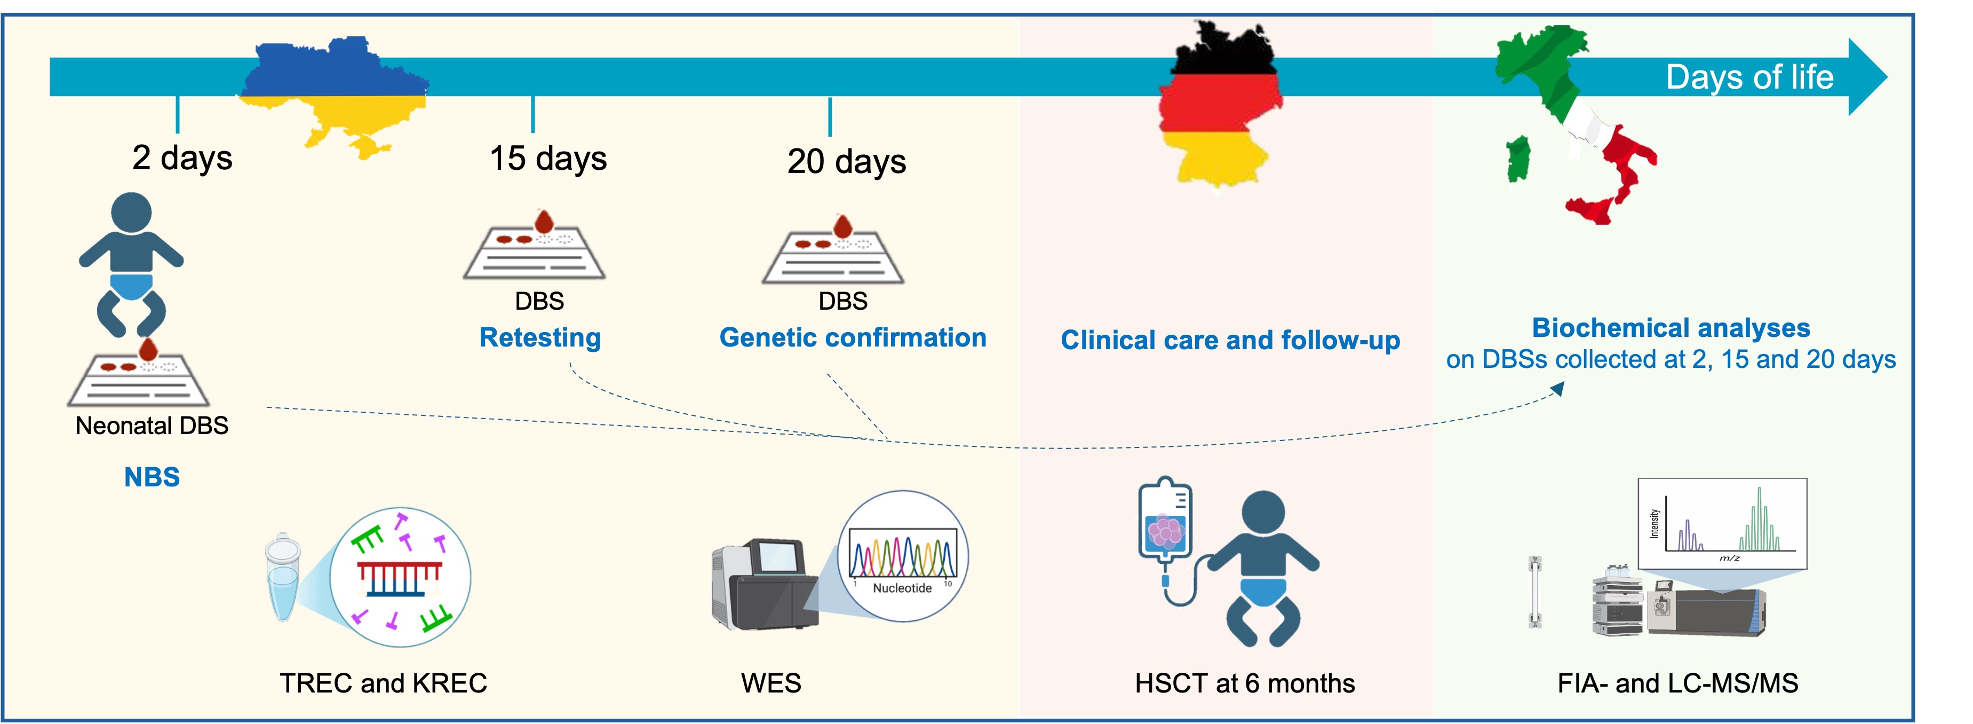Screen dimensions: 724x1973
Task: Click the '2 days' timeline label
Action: pyautogui.click(x=182, y=158)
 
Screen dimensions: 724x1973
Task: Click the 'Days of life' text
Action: pyautogui.click(x=1749, y=77)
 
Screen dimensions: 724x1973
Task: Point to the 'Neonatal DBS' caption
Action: pyautogui.click(x=152, y=426)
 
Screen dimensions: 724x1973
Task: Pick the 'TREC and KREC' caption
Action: pyautogui.click(x=383, y=683)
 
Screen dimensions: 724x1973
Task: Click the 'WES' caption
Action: pyautogui.click(x=770, y=683)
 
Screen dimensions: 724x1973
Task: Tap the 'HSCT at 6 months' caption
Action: pyautogui.click(x=1245, y=683)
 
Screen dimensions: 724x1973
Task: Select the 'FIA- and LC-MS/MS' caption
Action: pyautogui.click(x=1677, y=683)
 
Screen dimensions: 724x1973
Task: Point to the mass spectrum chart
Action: pyautogui.click(x=1722, y=523)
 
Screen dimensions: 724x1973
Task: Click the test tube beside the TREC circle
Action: pyautogui.click(x=283, y=578)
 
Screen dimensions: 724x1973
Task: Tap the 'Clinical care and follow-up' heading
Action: pyautogui.click(x=1230, y=340)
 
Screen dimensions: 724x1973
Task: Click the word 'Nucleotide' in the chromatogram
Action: pyautogui.click(x=902, y=588)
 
